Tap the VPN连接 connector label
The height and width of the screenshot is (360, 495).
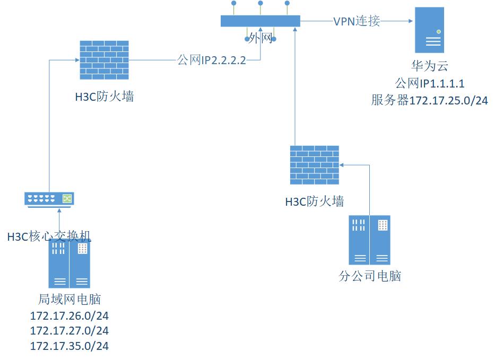(357, 21)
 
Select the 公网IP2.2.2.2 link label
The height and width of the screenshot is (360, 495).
(212, 60)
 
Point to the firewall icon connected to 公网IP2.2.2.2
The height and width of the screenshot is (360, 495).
(104, 59)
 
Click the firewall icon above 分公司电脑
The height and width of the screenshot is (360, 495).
(315, 165)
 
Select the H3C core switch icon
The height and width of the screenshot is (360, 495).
(49, 199)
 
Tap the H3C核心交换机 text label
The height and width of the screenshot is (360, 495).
(49, 236)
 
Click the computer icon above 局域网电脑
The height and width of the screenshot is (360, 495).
(69, 264)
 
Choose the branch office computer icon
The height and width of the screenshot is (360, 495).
(369, 240)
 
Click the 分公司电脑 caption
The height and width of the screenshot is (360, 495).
(370, 276)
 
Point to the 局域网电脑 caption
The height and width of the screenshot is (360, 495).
(70, 300)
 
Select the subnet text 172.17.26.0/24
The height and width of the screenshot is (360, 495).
(70, 316)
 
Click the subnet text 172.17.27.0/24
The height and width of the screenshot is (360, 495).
(70, 331)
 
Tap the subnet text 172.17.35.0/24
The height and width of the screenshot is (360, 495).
(70, 346)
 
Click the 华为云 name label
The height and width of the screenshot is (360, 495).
(430, 66)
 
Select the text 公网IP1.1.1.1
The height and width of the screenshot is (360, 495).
(430, 83)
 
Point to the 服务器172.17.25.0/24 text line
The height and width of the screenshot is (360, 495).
(430, 100)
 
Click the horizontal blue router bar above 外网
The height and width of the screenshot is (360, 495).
(260, 21)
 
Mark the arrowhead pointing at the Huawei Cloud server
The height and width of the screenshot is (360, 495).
(410, 21)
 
